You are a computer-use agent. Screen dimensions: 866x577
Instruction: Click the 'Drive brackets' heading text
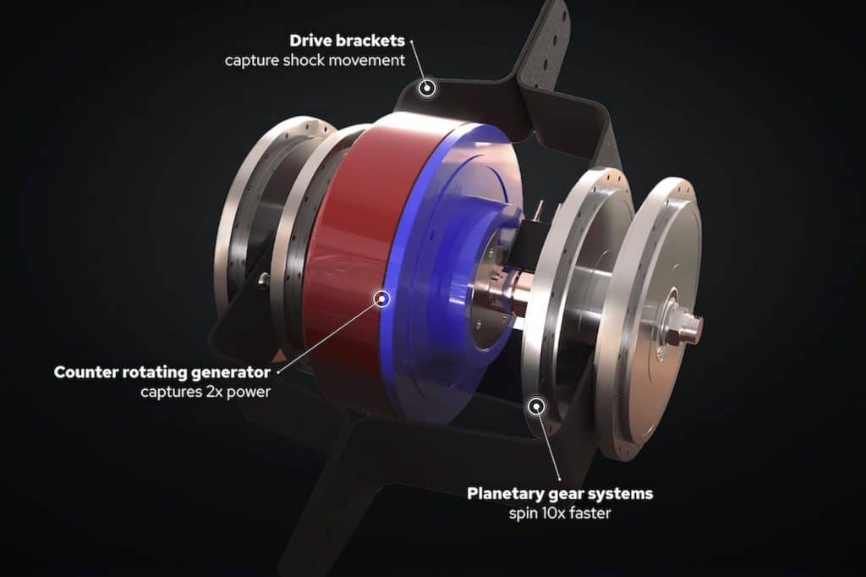tap(347, 41)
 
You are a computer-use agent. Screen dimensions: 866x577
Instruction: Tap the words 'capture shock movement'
tap(315, 60)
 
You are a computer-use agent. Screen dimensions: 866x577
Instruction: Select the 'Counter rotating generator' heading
tap(162, 372)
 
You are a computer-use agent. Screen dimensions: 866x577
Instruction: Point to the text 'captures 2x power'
tap(206, 392)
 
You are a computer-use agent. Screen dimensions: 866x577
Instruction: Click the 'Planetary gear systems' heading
tap(560, 493)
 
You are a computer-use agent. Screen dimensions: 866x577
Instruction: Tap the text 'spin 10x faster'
tap(560, 513)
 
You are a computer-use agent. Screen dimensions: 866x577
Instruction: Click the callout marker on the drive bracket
tap(426, 89)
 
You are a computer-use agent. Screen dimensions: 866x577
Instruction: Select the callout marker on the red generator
tap(381, 299)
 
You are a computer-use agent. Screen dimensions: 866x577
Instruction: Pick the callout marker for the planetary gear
tap(535, 407)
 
